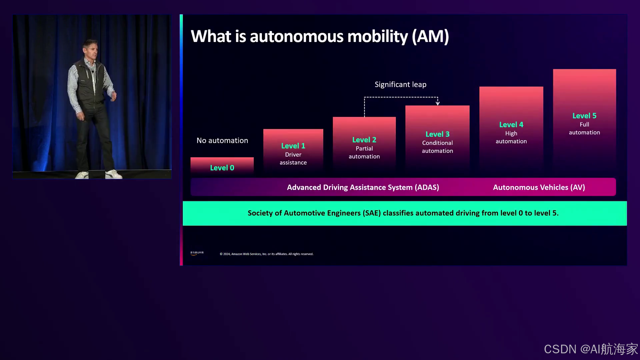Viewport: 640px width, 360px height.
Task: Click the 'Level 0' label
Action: tap(222, 168)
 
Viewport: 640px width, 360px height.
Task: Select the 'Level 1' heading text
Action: tap(293, 146)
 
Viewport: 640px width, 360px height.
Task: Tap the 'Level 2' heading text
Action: tap(364, 140)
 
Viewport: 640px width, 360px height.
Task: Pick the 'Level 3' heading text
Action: tap(437, 134)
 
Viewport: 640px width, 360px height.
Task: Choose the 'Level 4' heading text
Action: tap(511, 125)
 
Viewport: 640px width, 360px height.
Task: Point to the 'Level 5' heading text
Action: tap(584, 116)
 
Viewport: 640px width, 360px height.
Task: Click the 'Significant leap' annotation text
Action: tap(400, 84)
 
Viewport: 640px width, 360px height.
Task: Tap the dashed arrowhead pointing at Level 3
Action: tap(438, 103)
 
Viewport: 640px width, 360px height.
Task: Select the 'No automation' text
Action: tap(222, 140)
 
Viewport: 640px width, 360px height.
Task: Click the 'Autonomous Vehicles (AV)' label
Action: tap(539, 187)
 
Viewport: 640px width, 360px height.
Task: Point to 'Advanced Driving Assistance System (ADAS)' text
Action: tap(363, 187)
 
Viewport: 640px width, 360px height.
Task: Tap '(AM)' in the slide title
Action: tap(430, 36)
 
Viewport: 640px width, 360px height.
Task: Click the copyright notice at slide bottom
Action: tap(266, 254)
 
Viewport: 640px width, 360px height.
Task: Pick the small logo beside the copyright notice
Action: tap(197, 253)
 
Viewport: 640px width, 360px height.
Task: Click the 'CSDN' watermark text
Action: tap(560, 349)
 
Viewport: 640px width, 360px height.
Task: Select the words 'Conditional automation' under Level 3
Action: tap(437, 147)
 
